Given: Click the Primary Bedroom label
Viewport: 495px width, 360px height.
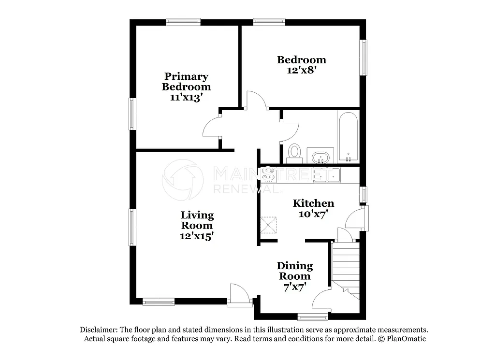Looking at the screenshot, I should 186,82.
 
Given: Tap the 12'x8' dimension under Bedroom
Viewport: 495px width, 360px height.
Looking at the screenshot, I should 301,70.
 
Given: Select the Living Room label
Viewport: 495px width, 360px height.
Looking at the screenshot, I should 197,220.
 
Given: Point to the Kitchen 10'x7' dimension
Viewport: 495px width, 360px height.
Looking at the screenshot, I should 313,214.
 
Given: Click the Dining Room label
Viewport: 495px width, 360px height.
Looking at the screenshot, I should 294,271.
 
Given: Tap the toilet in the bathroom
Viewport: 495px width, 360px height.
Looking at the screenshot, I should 294,153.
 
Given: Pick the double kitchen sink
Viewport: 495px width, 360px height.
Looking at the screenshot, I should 327,174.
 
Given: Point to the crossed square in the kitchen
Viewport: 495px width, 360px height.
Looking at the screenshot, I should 268,225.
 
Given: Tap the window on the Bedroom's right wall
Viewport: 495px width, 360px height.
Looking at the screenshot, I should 363,58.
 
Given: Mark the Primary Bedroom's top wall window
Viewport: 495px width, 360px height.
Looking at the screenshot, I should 183,22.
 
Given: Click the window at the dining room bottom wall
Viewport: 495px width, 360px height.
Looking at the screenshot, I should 312,317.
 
